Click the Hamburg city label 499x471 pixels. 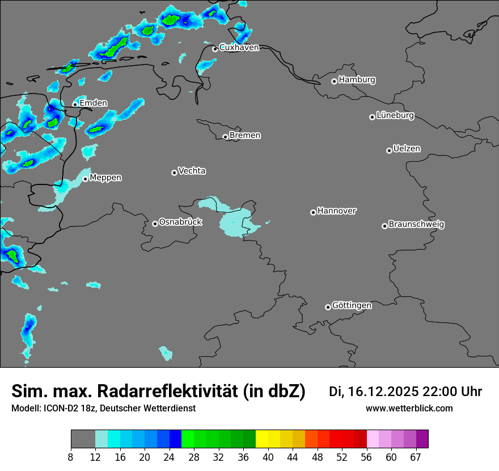[x=357, y=80]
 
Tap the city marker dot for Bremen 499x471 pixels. [x=225, y=137]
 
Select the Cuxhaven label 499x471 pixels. [x=239, y=48]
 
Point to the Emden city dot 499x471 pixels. [x=75, y=104]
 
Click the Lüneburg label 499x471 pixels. [x=395, y=115]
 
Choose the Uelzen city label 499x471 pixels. [x=407, y=149]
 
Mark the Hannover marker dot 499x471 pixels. [x=313, y=213]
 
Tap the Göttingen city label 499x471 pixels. [x=352, y=305]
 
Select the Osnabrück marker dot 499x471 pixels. [x=155, y=224]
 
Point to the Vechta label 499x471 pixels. [x=192, y=171]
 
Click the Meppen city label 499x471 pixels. [x=105, y=178]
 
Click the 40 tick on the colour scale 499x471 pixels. [x=268, y=457]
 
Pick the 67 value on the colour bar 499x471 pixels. [x=416, y=457]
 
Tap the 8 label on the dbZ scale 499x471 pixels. [x=71, y=457]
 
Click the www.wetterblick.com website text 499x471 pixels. [x=409, y=409]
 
